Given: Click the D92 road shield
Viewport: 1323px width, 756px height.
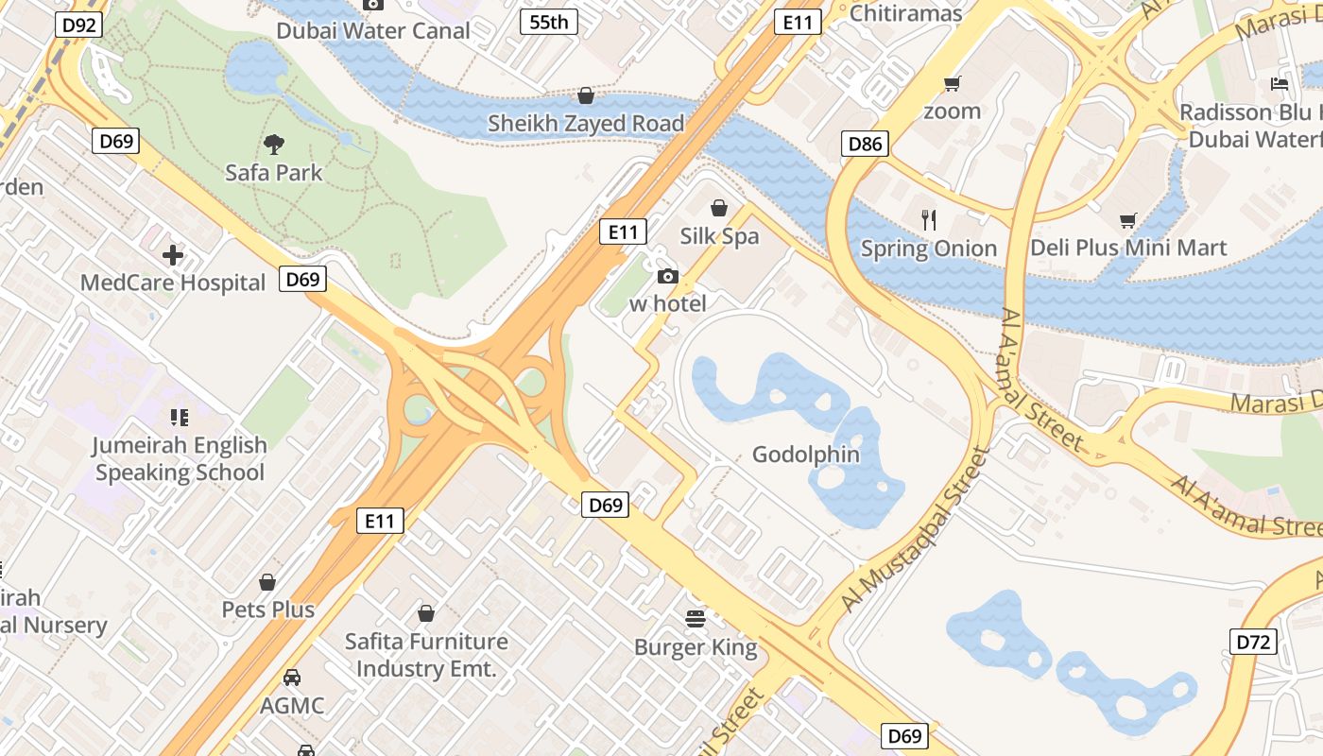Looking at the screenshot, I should (78, 24).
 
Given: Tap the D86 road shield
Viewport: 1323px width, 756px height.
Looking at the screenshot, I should (866, 144).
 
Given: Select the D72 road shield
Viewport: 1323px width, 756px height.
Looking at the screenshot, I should (1254, 643).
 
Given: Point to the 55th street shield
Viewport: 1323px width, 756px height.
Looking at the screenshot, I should (549, 21).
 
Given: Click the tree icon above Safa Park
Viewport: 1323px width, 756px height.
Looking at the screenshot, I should (274, 145).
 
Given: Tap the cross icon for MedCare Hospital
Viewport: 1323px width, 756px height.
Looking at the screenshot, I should (173, 255).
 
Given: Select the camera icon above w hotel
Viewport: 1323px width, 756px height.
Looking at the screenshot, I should (667, 276).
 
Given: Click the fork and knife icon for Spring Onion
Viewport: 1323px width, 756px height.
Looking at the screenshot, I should (929, 220).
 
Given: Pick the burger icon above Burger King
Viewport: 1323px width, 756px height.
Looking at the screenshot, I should (696, 619).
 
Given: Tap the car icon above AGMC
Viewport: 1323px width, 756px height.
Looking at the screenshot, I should (292, 678).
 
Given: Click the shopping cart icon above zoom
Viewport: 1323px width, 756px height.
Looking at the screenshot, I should (953, 83).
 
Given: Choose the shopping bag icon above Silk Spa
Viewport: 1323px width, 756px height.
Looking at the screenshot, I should (719, 208).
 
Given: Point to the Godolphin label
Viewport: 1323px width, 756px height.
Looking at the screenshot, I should (806, 455).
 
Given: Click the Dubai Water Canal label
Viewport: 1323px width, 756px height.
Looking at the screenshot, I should (373, 31).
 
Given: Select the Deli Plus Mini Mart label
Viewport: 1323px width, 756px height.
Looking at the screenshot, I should (1128, 249).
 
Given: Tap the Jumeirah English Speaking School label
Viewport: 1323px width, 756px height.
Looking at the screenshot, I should (180, 458).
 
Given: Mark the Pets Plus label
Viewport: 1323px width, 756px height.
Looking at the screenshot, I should (268, 610).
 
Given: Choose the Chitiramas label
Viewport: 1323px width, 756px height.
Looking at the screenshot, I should (906, 13).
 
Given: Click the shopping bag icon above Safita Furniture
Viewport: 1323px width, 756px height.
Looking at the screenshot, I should (426, 614).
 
